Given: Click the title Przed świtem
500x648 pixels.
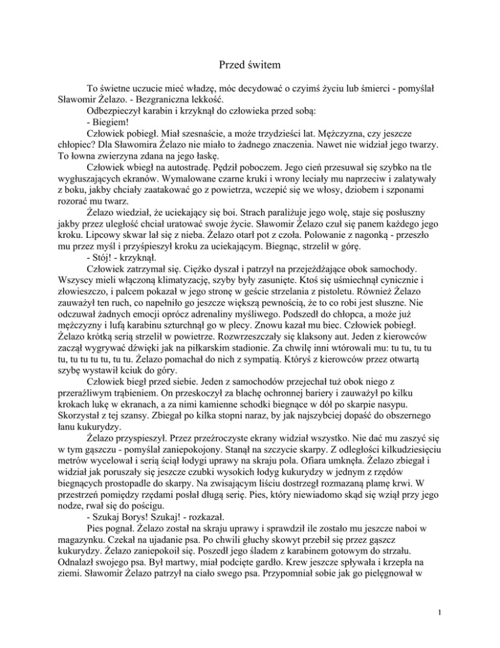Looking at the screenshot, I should point(249,64).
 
